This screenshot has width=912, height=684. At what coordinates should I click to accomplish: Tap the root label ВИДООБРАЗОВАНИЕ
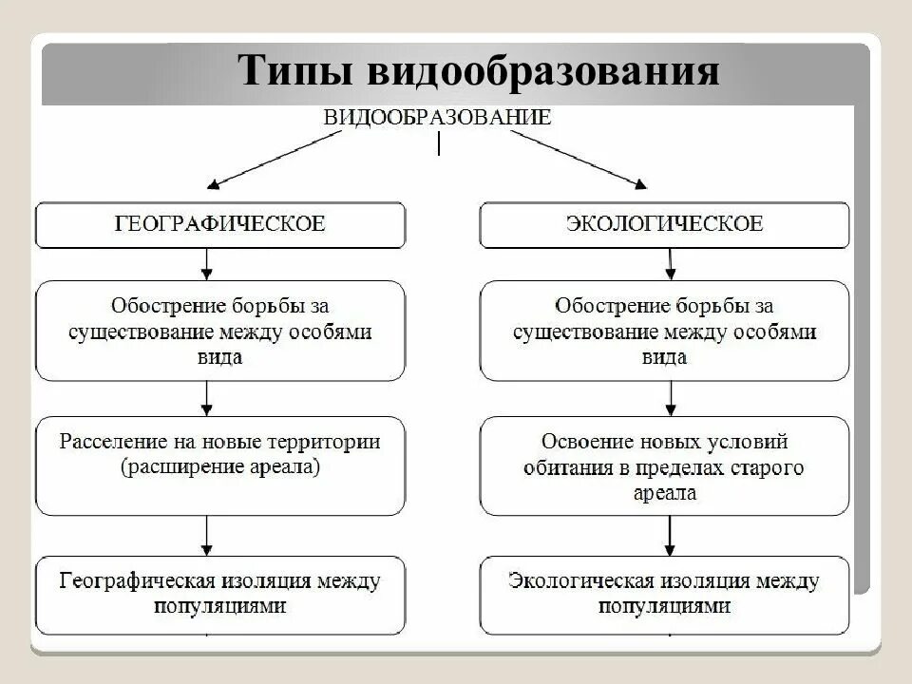438,118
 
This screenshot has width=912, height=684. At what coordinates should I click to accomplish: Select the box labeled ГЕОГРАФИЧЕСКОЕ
220,224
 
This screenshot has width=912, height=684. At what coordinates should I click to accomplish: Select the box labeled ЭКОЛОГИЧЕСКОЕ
664,224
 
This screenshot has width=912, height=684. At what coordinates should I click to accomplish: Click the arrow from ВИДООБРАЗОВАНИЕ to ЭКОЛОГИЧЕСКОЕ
579,156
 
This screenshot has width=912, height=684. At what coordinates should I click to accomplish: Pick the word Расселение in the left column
105,443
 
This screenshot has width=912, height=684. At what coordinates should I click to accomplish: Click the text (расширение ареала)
220,466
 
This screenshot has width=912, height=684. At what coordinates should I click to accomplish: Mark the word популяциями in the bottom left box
220,604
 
